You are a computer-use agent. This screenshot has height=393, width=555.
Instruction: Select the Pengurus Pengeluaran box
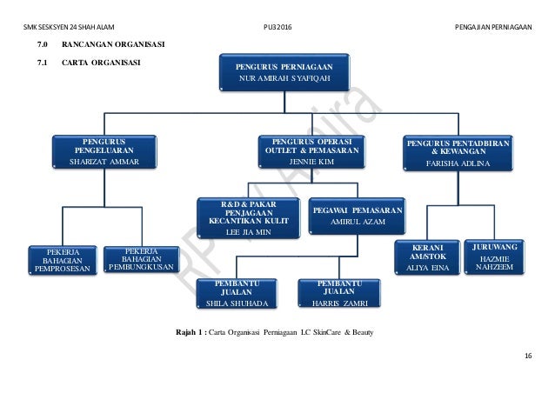click(x=104, y=151)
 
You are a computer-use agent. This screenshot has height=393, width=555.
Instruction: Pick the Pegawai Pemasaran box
click(x=357, y=216)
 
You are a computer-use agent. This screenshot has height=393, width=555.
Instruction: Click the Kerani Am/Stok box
click(x=424, y=257)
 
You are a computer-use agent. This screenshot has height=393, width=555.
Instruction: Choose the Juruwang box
click(x=493, y=256)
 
